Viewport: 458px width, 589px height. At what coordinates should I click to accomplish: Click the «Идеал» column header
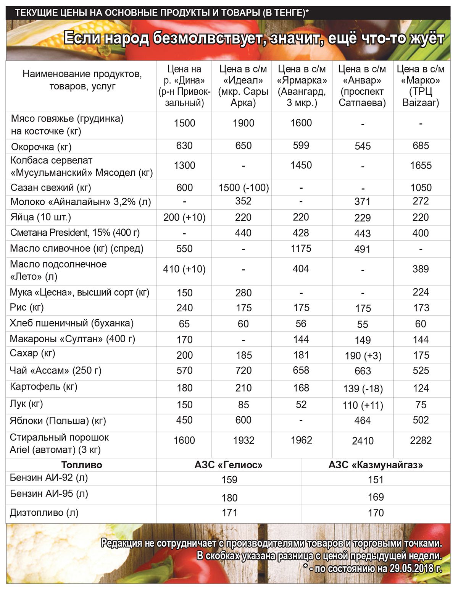(243, 86)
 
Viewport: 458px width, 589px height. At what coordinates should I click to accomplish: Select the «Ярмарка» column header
(302, 86)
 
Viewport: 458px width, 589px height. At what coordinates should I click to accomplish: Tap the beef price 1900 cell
(243, 123)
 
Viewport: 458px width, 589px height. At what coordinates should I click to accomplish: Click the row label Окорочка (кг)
(41, 147)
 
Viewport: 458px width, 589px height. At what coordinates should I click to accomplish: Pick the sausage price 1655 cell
(421, 165)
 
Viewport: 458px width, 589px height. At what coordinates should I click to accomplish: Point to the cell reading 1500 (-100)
(244, 188)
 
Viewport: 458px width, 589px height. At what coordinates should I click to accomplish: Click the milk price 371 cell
(362, 202)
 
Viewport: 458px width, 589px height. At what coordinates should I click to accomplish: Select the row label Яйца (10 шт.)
(40, 217)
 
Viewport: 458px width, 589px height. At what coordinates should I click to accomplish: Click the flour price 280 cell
(243, 293)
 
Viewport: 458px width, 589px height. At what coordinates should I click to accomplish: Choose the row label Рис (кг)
(27, 307)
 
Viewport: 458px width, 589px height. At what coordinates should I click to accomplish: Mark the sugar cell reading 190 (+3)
(363, 356)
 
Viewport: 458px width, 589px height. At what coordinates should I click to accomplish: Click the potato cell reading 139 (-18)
(363, 388)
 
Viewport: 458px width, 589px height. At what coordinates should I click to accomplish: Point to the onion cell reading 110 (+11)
(363, 405)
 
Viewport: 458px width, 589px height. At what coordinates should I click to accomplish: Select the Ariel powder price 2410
(363, 441)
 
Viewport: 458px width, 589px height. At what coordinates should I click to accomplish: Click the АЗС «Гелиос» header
(229, 465)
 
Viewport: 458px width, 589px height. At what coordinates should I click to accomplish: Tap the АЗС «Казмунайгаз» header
(376, 465)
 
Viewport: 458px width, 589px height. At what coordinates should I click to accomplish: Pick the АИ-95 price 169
(376, 497)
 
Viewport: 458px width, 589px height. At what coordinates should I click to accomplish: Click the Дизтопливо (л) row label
(44, 513)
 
